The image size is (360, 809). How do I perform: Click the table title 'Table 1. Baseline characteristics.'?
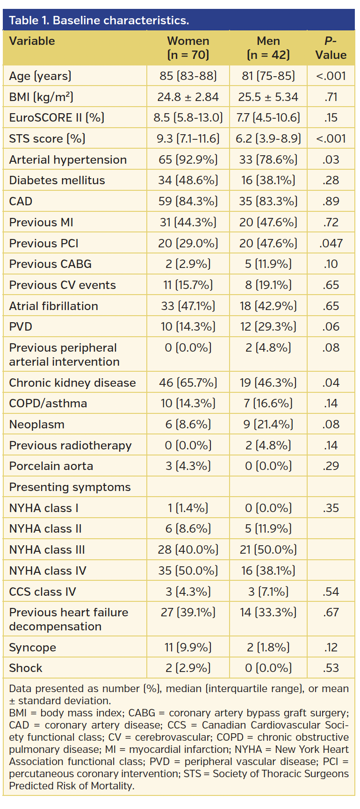[99, 21]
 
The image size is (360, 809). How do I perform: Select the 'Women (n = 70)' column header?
[188, 48]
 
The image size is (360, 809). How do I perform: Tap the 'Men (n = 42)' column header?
[268, 48]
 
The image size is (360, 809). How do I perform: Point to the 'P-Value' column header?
[331, 48]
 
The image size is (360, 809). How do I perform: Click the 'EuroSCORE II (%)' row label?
[57, 117]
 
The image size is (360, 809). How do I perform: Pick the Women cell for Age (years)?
[188, 76]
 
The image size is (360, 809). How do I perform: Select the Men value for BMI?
[268, 97]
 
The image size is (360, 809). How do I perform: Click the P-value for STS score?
[331, 138]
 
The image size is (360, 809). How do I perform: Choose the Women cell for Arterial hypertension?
[188, 159]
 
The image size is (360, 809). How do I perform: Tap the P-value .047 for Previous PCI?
[331, 243]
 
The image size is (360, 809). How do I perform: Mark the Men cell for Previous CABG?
[268, 264]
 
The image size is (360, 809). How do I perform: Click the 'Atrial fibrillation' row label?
[54, 306]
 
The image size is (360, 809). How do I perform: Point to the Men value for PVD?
[268, 327]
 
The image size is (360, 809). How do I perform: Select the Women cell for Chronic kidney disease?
[188, 383]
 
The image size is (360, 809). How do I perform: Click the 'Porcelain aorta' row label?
[51, 466]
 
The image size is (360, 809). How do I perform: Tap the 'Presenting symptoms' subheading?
[70, 487]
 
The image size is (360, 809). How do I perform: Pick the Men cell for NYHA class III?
[268, 550]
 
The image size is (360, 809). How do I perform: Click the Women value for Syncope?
[188, 648]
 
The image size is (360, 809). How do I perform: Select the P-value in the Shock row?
[331, 668]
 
